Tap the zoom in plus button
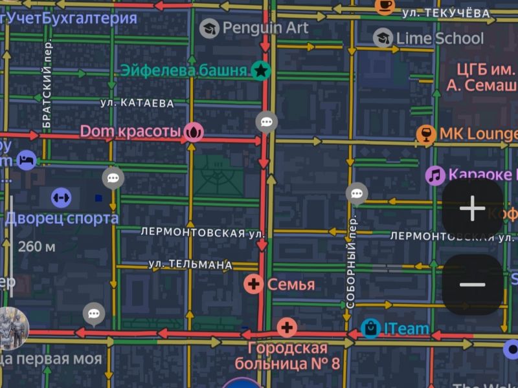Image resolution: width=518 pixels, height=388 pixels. click(x=473, y=208)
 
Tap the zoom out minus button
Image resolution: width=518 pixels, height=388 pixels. click(x=473, y=285)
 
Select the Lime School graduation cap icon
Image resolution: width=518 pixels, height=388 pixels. click(x=383, y=39)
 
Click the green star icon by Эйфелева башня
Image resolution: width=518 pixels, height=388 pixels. click(x=260, y=70)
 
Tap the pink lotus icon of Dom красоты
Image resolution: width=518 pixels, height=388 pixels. click(x=194, y=132)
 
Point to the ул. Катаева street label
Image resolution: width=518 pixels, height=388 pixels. click(x=138, y=103)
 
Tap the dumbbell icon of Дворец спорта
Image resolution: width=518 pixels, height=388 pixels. click(x=61, y=197)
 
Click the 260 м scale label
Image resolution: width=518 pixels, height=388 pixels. click(x=36, y=246)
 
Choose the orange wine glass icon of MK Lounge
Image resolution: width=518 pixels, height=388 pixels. click(x=425, y=134)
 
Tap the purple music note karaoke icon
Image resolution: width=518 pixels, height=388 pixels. click(x=435, y=175)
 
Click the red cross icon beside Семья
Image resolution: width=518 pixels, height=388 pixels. click(x=254, y=284)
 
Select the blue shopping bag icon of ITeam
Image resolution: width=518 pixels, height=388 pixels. click(x=371, y=329)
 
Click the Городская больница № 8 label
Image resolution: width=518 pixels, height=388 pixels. click(x=287, y=356)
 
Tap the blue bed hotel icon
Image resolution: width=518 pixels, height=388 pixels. click(x=26, y=159)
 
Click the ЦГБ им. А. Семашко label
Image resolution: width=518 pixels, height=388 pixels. click(x=483, y=77)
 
